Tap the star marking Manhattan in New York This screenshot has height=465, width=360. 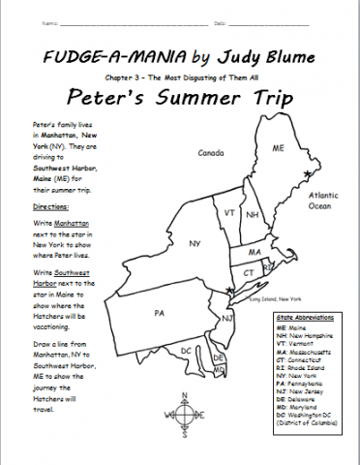point(228,290)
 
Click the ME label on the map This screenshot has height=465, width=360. point(278,150)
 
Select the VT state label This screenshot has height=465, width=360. point(229,212)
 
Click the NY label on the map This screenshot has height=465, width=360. point(195,243)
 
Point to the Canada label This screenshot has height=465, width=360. point(211,153)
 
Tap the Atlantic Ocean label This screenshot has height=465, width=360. point(322,200)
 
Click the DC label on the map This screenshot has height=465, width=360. point(186,351)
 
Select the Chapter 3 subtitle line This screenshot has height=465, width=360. point(181,77)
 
